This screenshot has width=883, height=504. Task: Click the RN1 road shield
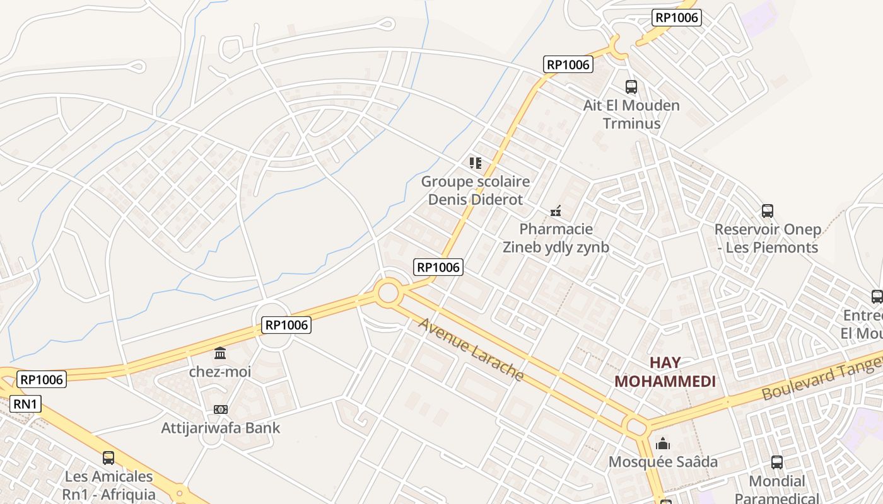click(25, 404)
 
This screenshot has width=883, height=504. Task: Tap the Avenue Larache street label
click(471, 349)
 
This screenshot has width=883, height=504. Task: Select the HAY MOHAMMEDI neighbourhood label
click(665, 372)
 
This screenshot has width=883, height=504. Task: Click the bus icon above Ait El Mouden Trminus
click(631, 87)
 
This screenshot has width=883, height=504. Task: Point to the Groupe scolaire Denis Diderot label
click(476, 190)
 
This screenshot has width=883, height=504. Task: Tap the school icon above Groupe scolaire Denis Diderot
click(476, 163)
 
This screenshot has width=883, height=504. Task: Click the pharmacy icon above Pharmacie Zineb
click(556, 210)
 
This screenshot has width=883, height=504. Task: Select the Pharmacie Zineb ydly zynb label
click(556, 238)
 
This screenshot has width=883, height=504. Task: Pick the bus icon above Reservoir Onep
click(768, 210)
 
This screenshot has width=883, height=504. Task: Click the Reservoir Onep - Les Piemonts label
click(768, 238)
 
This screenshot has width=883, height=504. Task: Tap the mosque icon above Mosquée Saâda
click(663, 444)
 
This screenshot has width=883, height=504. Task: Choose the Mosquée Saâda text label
click(663, 462)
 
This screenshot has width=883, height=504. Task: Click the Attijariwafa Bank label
click(221, 428)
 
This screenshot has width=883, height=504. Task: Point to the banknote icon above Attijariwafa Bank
click(220, 409)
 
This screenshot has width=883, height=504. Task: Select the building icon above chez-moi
click(220, 353)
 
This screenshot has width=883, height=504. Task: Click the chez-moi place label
click(220, 372)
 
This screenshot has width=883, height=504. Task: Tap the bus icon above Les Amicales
click(108, 458)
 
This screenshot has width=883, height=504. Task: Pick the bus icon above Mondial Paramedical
click(777, 462)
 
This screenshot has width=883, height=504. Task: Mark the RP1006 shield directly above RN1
click(42, 379)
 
